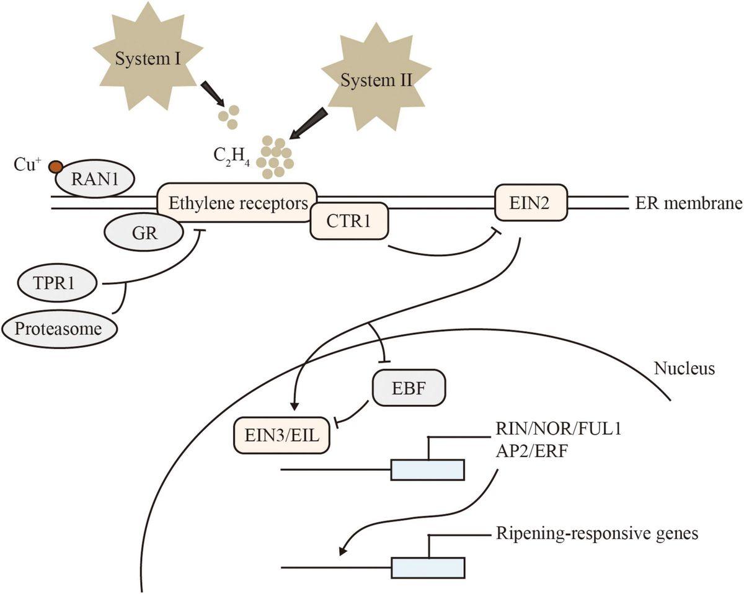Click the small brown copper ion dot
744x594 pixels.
(56, 166)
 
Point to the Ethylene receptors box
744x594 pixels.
(237, 203)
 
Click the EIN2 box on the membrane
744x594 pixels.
(531, 202)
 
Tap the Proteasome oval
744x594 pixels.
(60, 328)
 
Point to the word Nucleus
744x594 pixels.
(684, 369)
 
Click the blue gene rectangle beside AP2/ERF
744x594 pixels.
(427, 469)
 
